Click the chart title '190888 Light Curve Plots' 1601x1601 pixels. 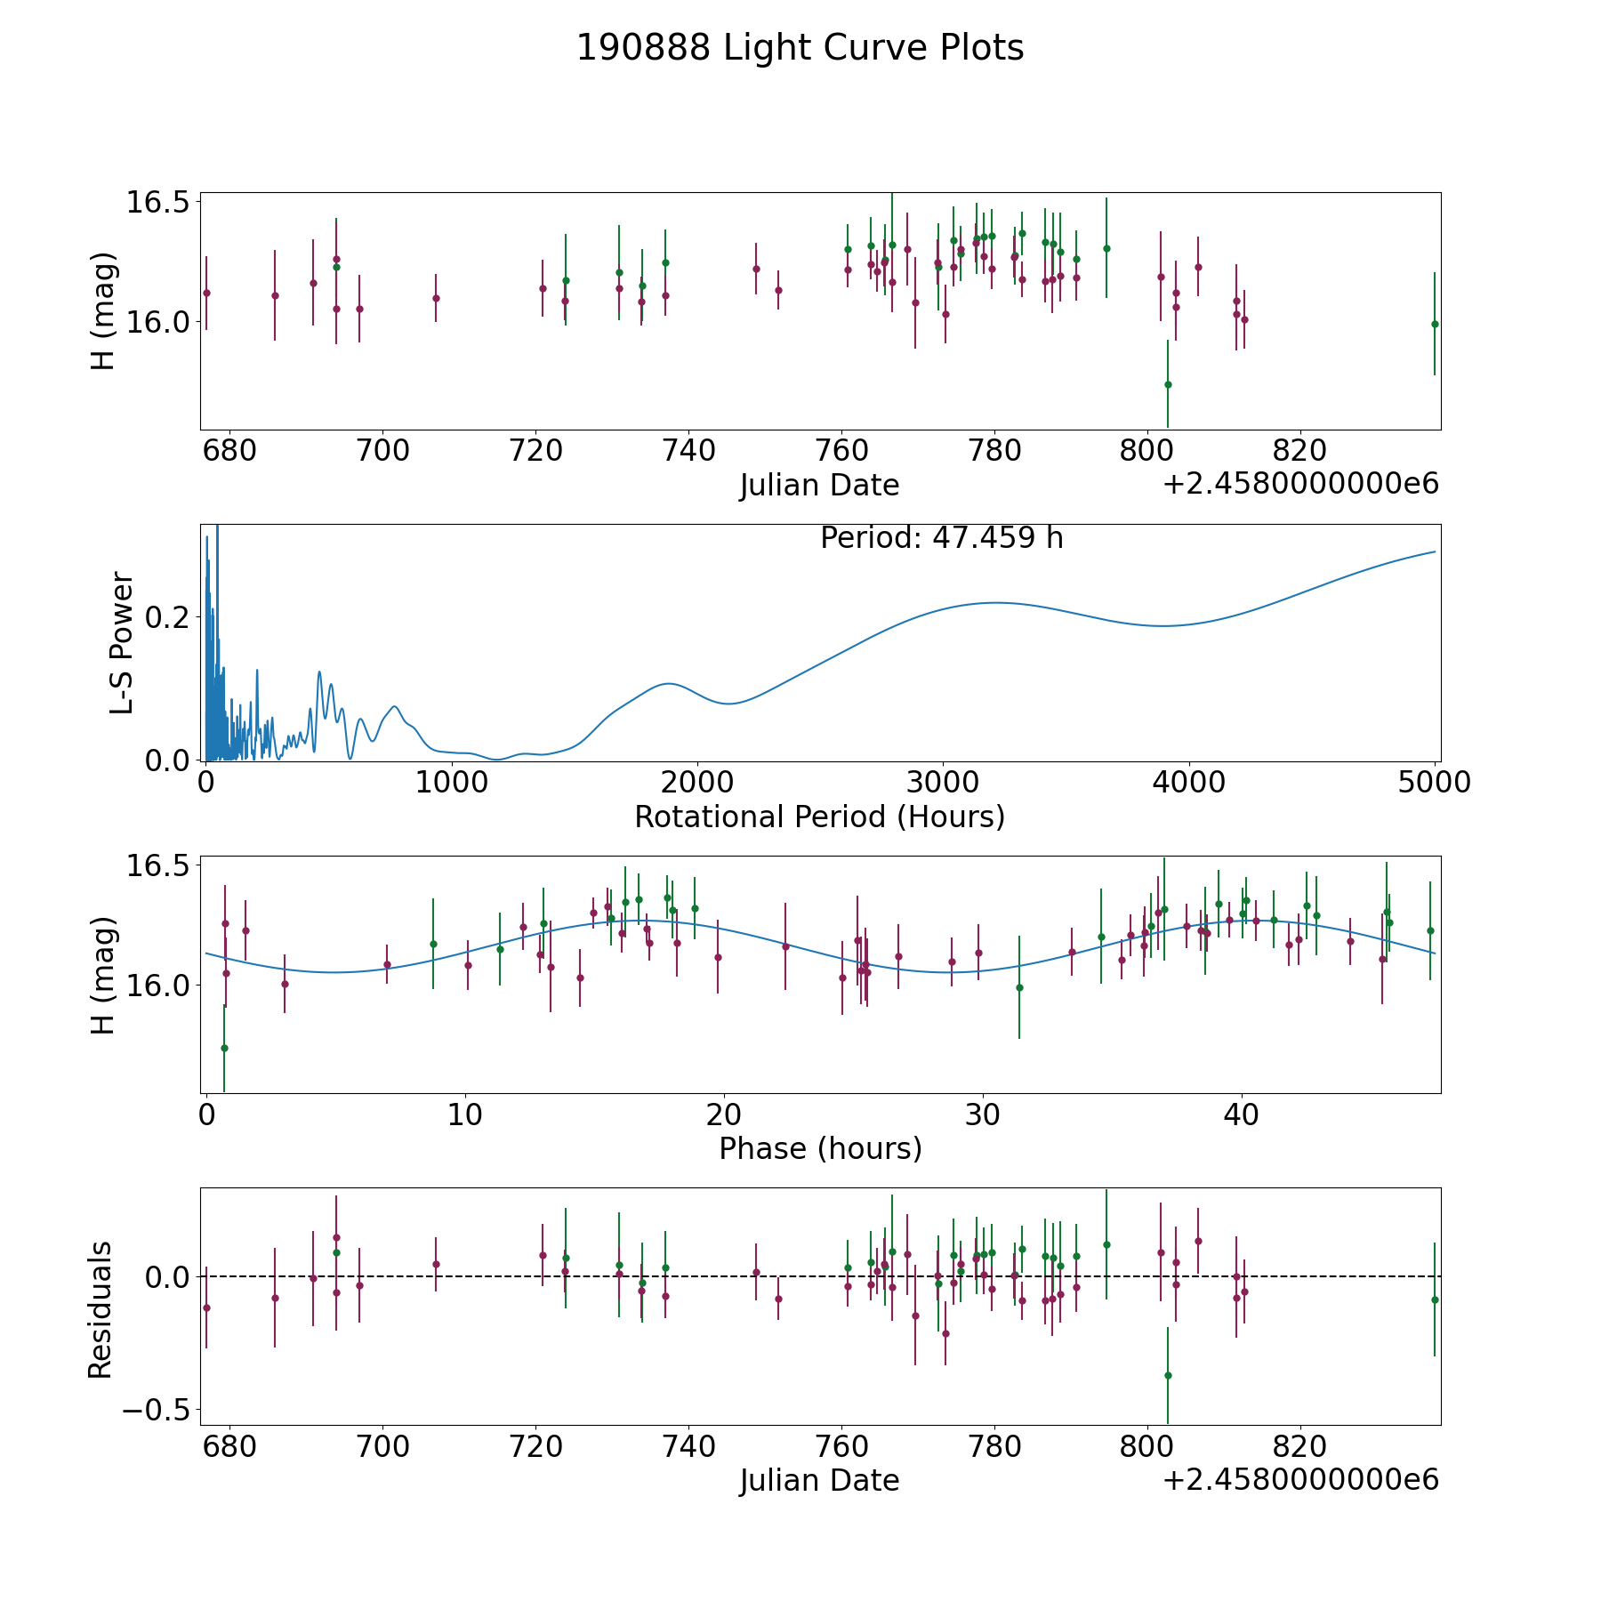[x=800, y=48]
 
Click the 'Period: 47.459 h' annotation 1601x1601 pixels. [x=941, y=538]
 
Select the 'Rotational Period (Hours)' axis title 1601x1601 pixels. [x=819, y=817]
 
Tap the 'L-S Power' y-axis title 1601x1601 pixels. [x=122, y=642]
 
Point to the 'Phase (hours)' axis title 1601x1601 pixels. [x=819, y=1148]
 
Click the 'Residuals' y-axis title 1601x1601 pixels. [x=101, y=1309]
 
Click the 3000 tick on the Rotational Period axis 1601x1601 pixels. [x=942, y=783]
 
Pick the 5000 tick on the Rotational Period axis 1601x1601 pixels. [x=1434, y=783]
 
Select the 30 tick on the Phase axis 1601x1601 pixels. [x=982, y=1114]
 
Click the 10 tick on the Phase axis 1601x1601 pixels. [x=464, y=1114]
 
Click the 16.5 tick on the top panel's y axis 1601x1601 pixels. [x=157, y=202]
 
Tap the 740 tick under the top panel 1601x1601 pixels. [x=688, y=451]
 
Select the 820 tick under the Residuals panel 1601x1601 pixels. [x=1300, y=1446]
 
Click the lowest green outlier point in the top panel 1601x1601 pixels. [x=1168, y=384]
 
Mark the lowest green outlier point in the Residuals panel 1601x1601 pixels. [x=1168, y=1375]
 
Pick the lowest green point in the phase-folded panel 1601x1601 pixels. [x=224, y=1048]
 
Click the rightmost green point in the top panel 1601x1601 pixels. [x=1435, y=324]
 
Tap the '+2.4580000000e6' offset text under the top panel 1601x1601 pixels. [x=1300, y=484]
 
